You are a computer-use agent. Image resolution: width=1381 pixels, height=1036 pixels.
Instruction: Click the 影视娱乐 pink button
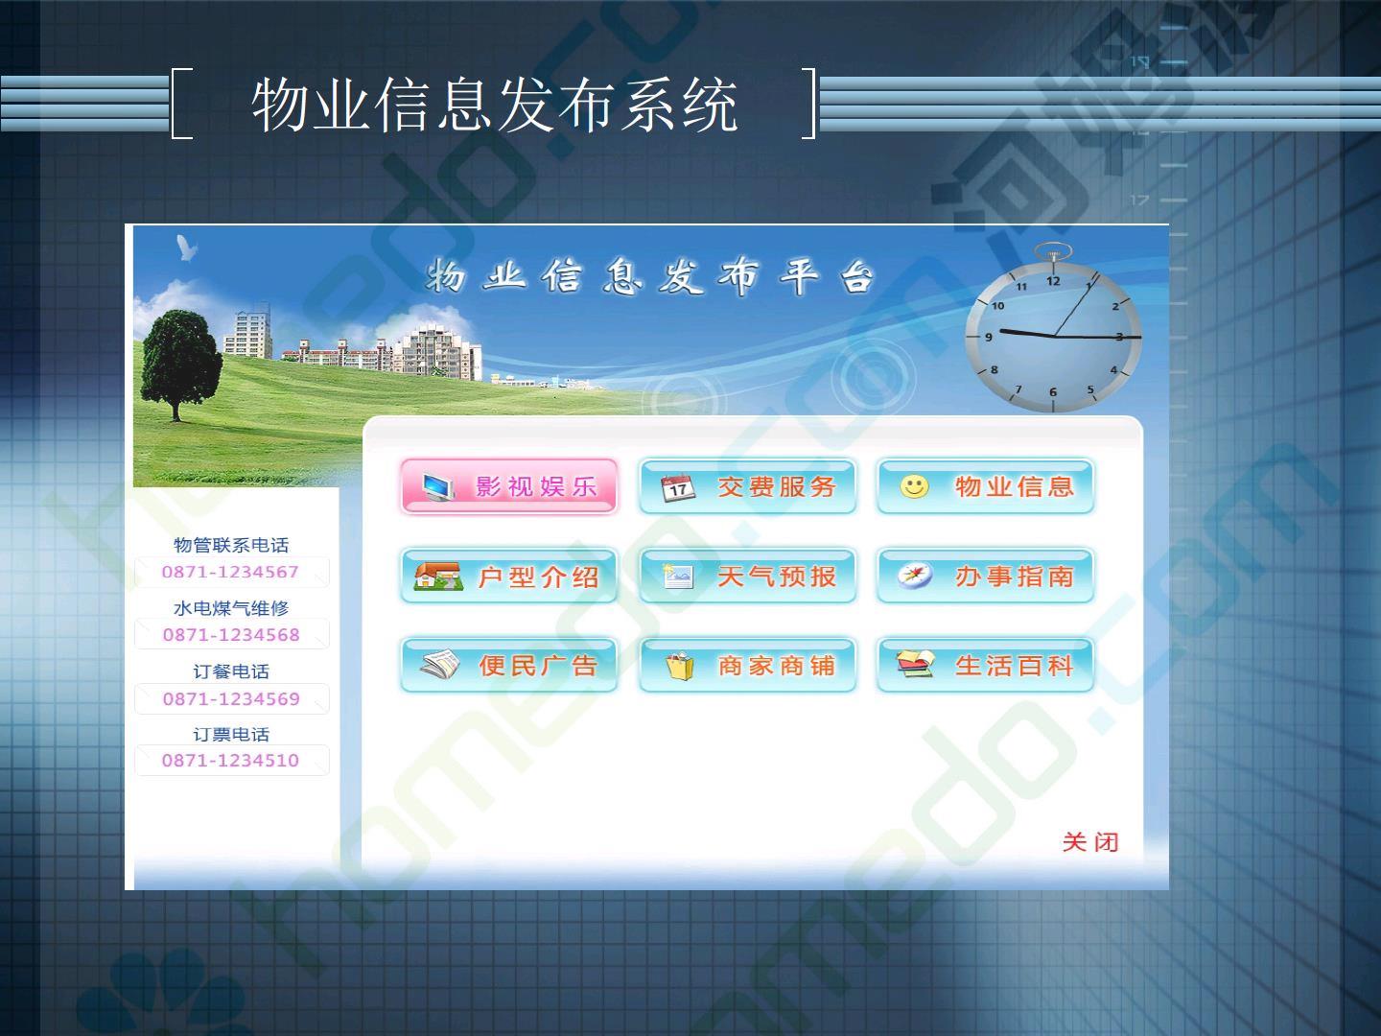509,486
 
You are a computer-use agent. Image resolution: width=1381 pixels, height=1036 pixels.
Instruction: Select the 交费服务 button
747,486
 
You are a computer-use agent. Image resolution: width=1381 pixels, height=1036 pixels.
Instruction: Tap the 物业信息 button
985,486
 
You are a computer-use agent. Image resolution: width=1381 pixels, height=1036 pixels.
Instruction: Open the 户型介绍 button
509,576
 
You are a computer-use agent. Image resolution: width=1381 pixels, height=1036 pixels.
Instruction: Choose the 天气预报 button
747,576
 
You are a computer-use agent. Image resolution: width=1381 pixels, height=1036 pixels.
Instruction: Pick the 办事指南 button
985,576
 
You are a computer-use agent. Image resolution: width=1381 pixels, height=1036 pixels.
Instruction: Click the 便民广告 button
509,665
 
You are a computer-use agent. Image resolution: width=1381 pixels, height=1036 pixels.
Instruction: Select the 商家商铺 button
747,665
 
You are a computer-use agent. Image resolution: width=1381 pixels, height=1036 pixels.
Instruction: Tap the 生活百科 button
985,665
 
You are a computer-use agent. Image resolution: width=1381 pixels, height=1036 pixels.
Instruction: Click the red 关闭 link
1090,841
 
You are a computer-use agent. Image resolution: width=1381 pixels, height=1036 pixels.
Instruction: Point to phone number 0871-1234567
230,572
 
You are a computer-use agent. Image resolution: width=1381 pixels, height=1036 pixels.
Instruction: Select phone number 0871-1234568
231,635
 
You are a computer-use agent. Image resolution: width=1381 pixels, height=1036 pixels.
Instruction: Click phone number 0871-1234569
231,699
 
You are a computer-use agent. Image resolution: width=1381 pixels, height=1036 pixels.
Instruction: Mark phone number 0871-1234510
230,761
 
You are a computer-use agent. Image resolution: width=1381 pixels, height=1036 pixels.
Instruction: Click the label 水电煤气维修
231,608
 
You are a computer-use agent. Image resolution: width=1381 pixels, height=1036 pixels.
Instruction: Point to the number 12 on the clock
1053,281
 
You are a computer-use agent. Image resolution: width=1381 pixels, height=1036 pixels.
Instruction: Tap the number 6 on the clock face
1053,392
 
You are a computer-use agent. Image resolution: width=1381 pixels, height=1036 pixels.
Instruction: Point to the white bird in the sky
186,247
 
